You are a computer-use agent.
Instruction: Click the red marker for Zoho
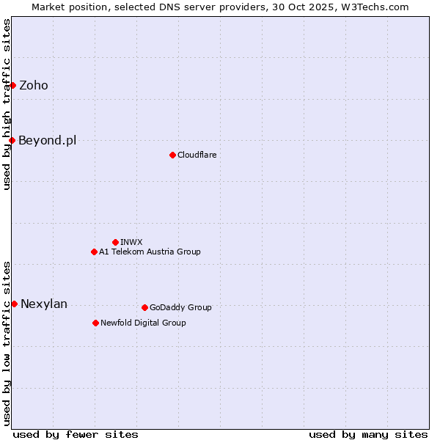12,85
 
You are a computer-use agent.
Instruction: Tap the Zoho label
34,85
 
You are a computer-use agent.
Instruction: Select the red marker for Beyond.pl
12,140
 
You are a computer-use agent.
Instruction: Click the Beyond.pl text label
47,140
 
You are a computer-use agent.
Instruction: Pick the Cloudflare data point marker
172,155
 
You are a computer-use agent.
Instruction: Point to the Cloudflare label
197,155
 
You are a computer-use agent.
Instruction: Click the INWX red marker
115,242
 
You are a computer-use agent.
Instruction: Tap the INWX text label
131,242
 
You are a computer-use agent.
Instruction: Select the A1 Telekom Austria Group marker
94,252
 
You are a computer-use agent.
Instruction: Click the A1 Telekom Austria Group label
150,252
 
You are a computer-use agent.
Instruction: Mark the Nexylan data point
14,304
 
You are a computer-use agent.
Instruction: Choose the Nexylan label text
44,304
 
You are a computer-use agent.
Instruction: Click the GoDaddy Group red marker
144,307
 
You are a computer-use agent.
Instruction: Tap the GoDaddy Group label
180,307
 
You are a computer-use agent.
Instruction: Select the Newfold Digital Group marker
95,323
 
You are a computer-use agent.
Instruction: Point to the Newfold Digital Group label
143,323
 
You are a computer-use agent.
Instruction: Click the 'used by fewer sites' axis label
76,434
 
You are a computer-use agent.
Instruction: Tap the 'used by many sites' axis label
368,434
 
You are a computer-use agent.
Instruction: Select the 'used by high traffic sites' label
7,104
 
